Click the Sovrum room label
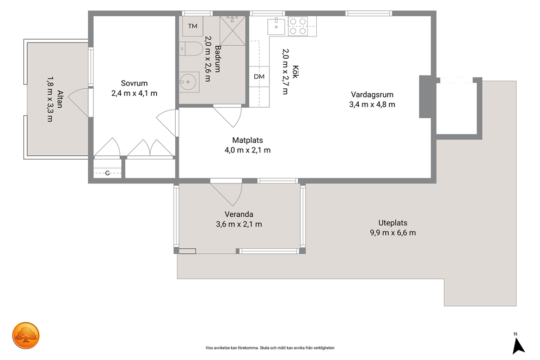click(x=134, y=83)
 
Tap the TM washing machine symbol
click(x=193, y=26)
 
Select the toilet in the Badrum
click(x=191, y=48)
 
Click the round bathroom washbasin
click(x=189, y=82)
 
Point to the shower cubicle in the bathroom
click(x=232, y=30)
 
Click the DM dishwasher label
click(x=259, y=76)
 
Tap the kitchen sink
click(x=276, y=27)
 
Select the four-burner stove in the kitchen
click(x=298, y=26)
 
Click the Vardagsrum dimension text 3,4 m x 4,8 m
click(x=372, y=105)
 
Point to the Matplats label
click(x=248, y=140)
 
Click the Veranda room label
click(x=239, y=214)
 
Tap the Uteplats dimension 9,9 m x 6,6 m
click(x=393, y=233)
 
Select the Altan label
click(x=60, y=99)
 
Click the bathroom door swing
click(x=228, y=117)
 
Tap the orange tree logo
click(x=26, y=335)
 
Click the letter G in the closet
click(x=107, y=173)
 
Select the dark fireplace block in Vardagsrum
click(x=425, y=96)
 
